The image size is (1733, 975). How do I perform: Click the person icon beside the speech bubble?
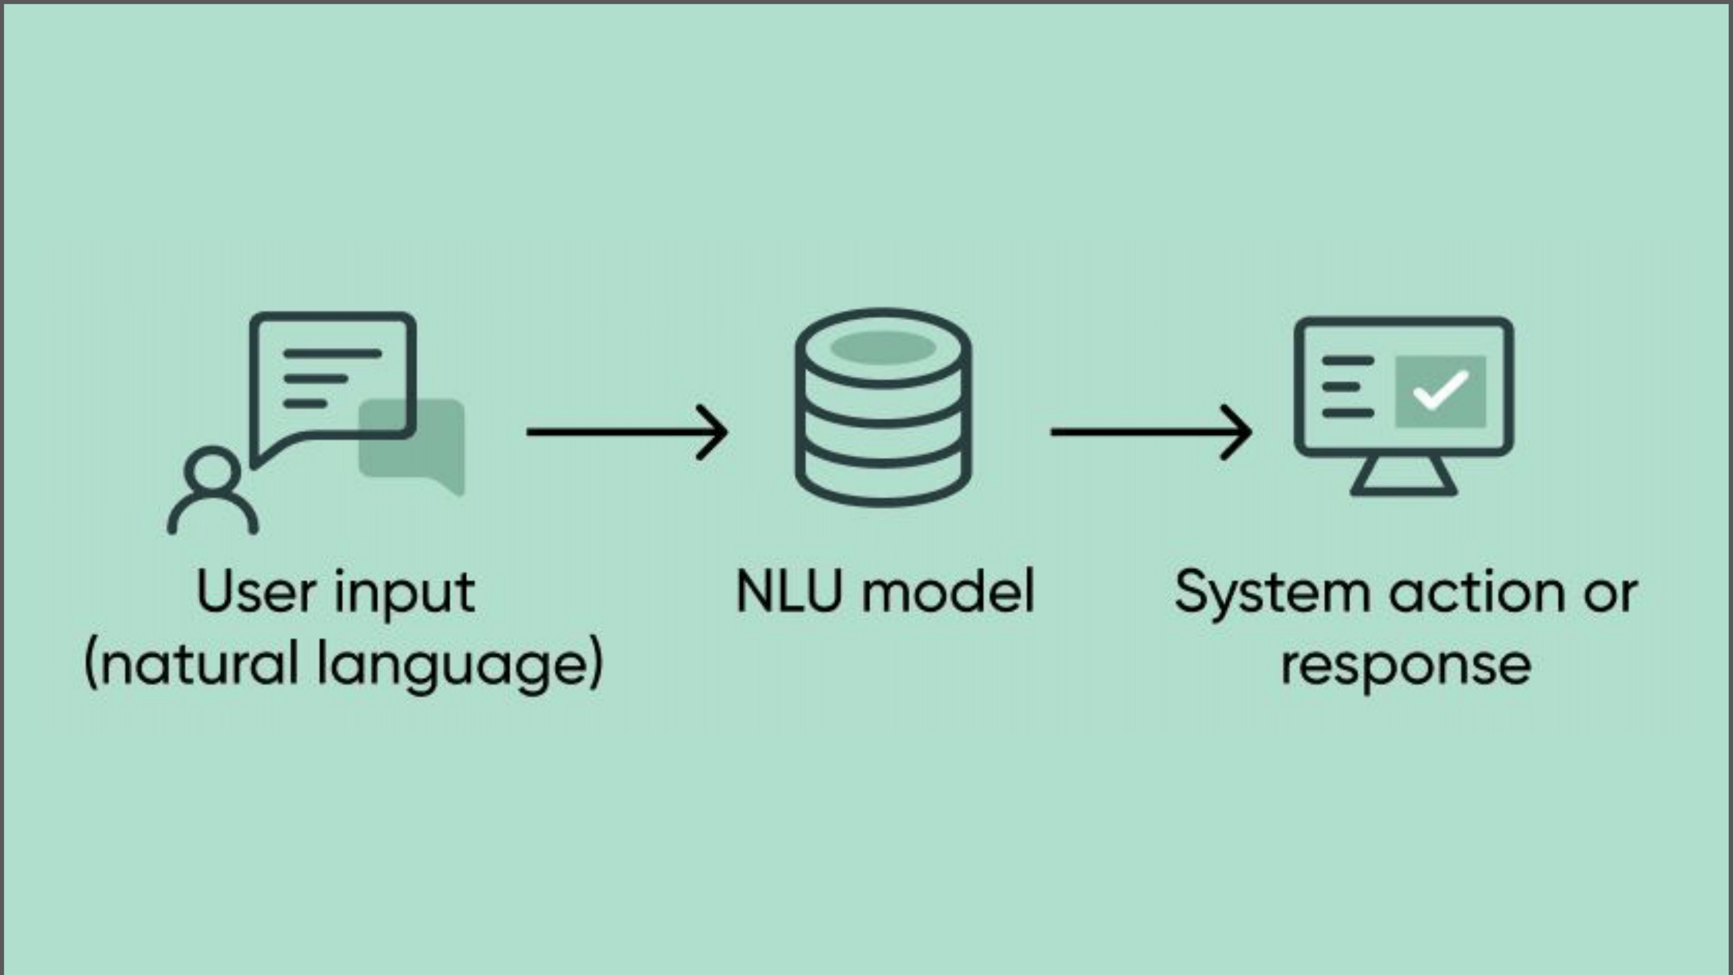(x=212, y=491)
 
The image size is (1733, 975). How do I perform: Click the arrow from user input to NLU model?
(x=626, y=432)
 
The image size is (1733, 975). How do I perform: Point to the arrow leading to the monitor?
(x=1151, y=432)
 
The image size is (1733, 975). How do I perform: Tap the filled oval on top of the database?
(x=883, y=347)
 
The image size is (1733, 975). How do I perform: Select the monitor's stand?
(x=1404, y=476)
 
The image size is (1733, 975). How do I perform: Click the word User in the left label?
(x=256, y=592)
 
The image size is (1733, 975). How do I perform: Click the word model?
(x=948, y=592)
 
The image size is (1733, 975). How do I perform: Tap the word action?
(x=1477, y=592)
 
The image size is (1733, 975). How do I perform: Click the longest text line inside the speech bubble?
(x=332, y=353)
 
